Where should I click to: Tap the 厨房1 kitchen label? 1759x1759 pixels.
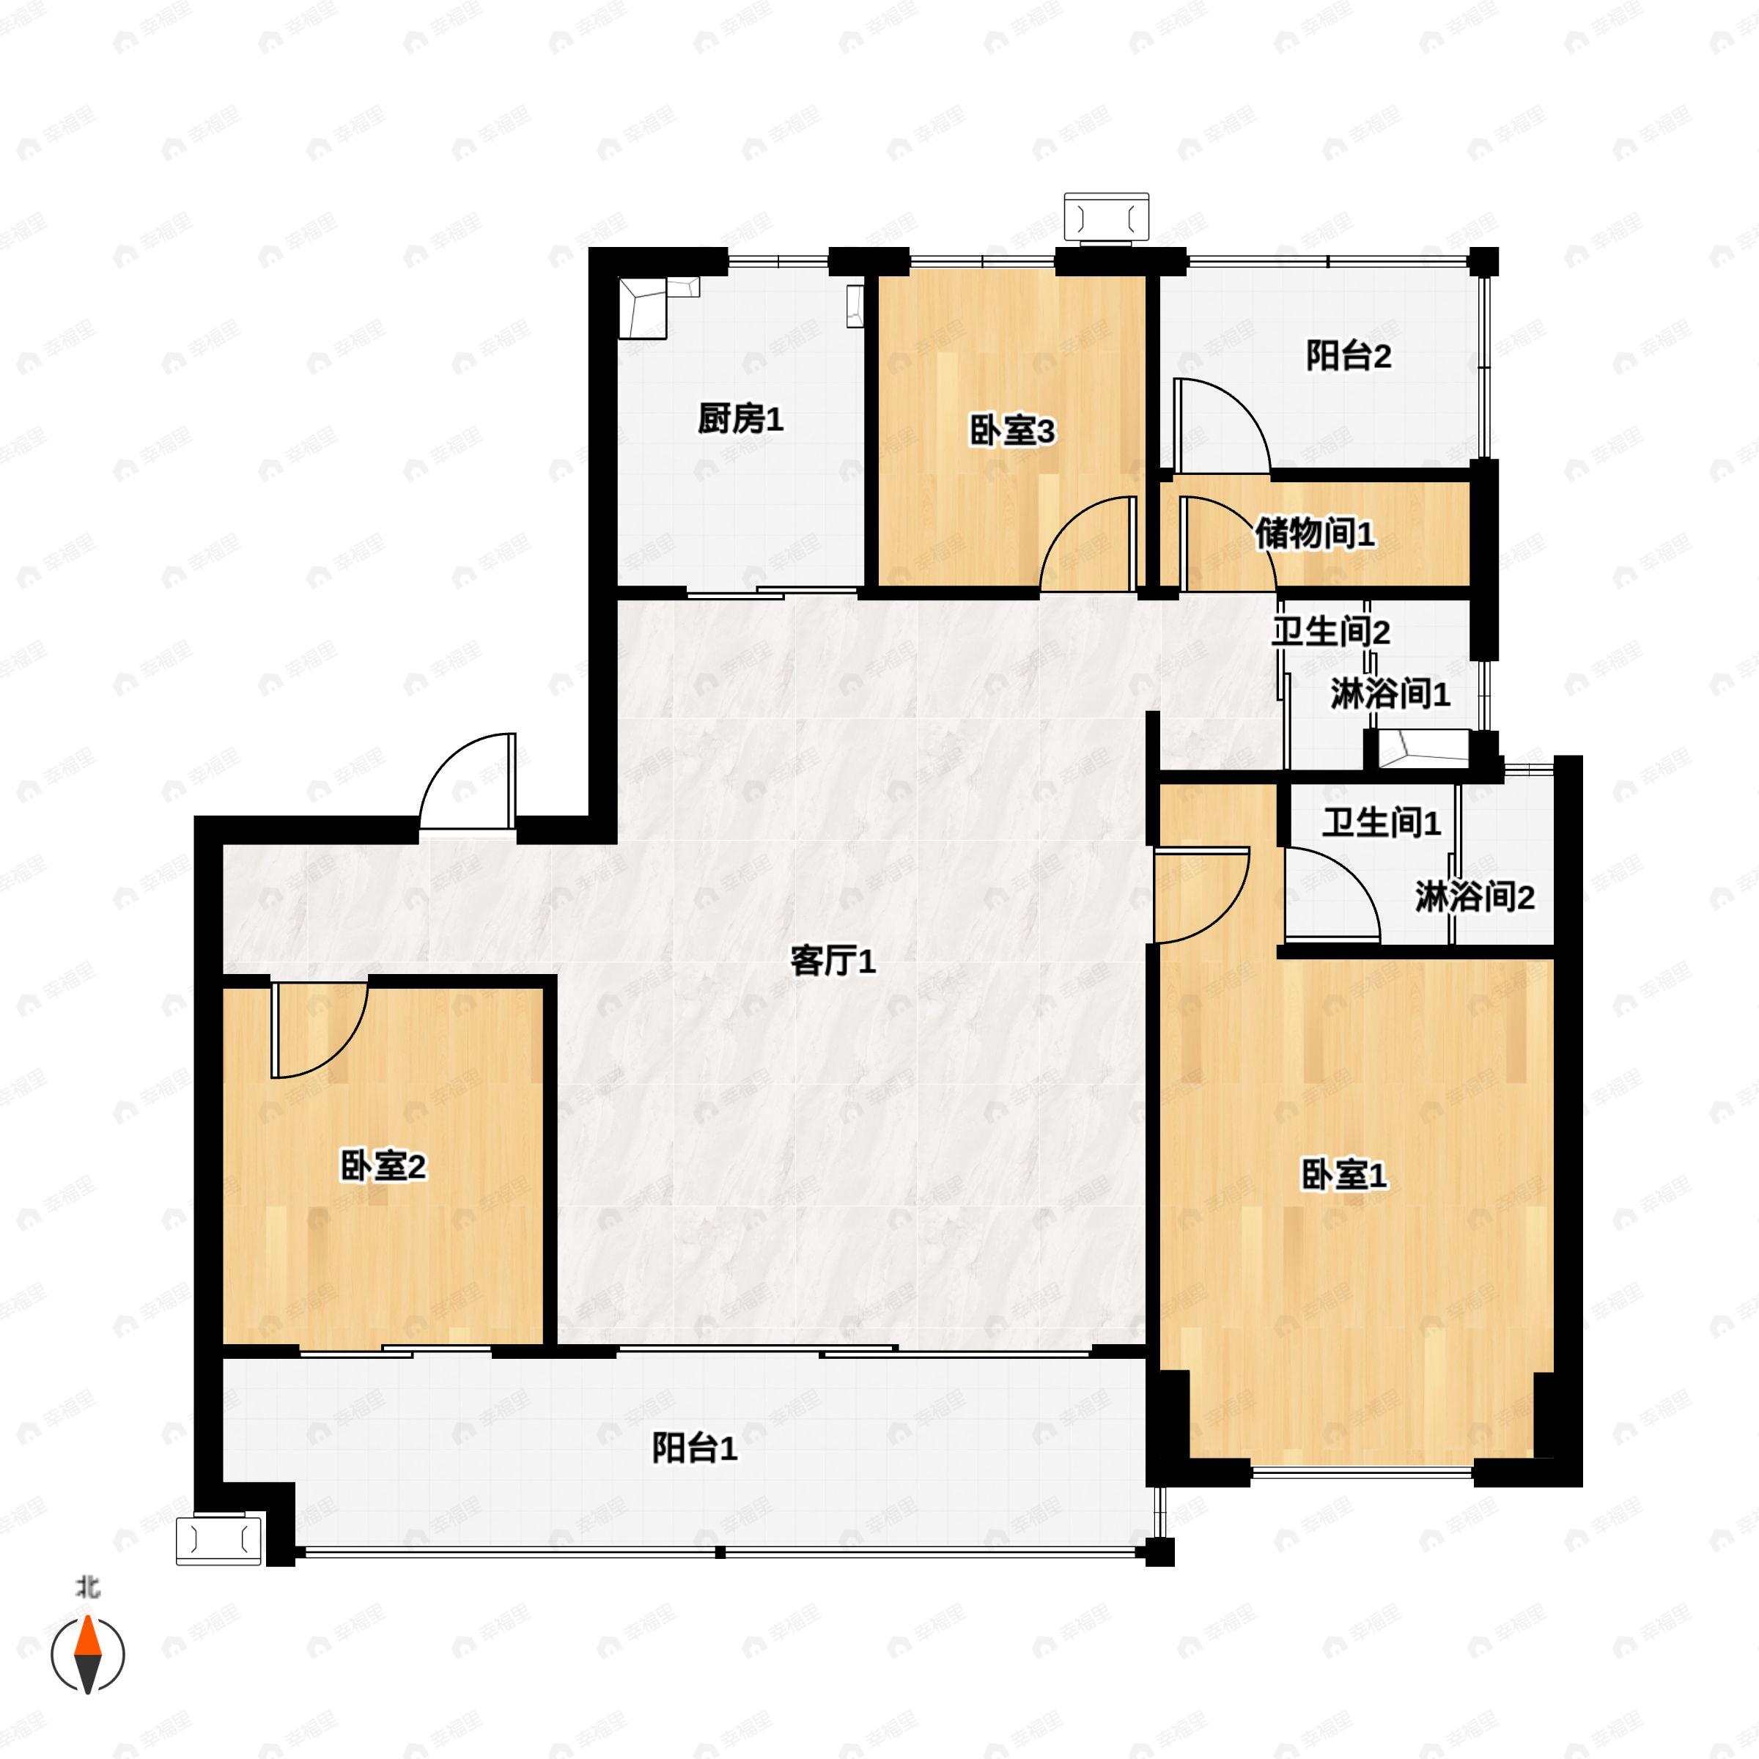point(740,420)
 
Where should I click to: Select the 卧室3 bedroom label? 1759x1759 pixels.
point(1011,432)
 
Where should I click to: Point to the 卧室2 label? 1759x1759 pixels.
point(383,1165)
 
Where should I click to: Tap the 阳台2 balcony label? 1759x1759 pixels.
point(1349,355)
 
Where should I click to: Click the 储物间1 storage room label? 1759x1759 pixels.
point(1315,534)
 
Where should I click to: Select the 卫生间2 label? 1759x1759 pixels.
point(1330,631)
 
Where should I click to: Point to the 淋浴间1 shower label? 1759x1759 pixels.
point(1390,695)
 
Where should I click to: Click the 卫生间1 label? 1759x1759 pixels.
point(1381,823)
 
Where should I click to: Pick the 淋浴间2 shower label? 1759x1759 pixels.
point(1474,898)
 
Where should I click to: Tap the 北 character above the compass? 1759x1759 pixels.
point(87,1587)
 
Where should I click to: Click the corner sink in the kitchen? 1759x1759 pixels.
point(646,307)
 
